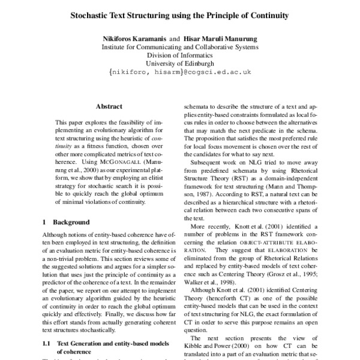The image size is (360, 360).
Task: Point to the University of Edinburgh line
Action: (x=181, y=63)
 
